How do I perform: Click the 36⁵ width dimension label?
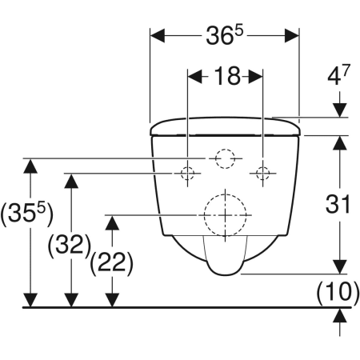click(224, 36)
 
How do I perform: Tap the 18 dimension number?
click(227, 77)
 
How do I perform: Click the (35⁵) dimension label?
click(26, 214)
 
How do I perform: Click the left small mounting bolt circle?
click(188, 174)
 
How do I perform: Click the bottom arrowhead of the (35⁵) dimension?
click(30, 299)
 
